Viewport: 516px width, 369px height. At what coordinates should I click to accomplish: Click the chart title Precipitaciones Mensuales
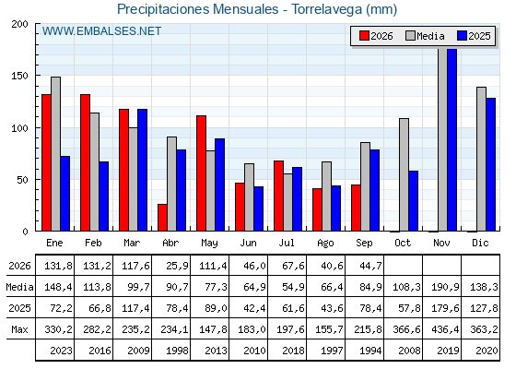click(x=198, y=9)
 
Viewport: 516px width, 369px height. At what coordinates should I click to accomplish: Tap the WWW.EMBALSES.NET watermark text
click(x=101, y=31)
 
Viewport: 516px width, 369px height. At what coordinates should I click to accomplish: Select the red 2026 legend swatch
click(x=364, y=36)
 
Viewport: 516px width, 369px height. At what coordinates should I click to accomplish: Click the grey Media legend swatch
click(x=410, y=36)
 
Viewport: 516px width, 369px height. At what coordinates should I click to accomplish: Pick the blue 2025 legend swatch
click(x=462, y=36)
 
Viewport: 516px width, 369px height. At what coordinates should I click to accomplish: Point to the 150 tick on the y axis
click(x=19, y=76)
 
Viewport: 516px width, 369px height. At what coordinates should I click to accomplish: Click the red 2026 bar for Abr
click(x=162, y=218)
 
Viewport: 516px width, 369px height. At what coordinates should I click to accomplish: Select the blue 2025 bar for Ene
click(x=65, y=194)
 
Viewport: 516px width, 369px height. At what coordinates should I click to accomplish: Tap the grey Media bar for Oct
click(x=405, y=174)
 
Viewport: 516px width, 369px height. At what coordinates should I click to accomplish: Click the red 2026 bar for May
click(x=202, y=173)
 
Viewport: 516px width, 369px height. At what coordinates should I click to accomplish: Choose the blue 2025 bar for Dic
click(x=490, y=164)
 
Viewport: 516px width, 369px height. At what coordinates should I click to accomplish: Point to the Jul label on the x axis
click(x=287, y=243)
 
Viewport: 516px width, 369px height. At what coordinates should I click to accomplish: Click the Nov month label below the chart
click(x=441, y=243)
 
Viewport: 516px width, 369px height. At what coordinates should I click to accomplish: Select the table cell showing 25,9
click(x=177, y=266)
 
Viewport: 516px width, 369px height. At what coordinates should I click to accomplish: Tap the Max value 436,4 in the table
click(x=445, y=329)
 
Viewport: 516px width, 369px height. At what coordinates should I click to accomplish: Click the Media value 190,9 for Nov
click(x=445, y=287)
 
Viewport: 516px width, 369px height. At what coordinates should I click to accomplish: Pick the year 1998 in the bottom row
click(x=177, y=351)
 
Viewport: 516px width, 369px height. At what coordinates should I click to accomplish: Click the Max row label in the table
click(x=19, y=329)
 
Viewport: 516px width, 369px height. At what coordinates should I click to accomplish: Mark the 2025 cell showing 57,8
click(x=409, y=308)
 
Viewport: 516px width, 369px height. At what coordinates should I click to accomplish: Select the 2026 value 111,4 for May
click(x=213, y=266)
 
